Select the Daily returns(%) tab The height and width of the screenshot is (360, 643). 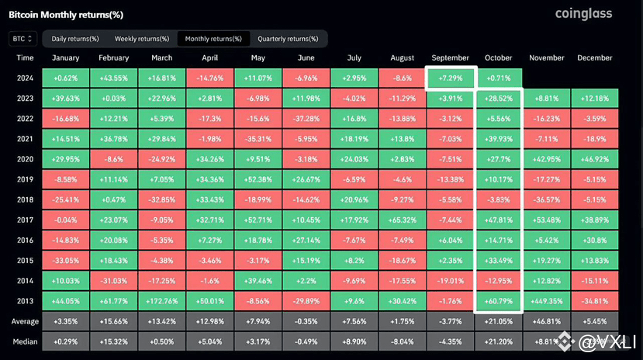click(75, 38)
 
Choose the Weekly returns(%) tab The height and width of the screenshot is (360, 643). click(142, 38)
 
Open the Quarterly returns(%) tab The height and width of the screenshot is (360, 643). click(287, 38)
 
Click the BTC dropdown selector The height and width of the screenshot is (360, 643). click(22, 38)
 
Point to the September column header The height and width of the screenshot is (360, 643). click(450, 58)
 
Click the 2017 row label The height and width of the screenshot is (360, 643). click(25, 220)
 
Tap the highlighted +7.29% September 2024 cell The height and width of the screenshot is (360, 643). click(450, 78)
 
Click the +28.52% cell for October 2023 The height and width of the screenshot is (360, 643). click(498, 99)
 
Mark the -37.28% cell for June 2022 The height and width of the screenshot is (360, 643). click(306, 119)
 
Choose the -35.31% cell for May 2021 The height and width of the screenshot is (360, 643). click(258, 139)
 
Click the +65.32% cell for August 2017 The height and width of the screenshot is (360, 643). click(402, 220)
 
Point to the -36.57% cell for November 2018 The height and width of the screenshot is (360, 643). click(546, 199)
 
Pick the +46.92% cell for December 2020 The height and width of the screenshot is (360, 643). click(594, 159)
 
